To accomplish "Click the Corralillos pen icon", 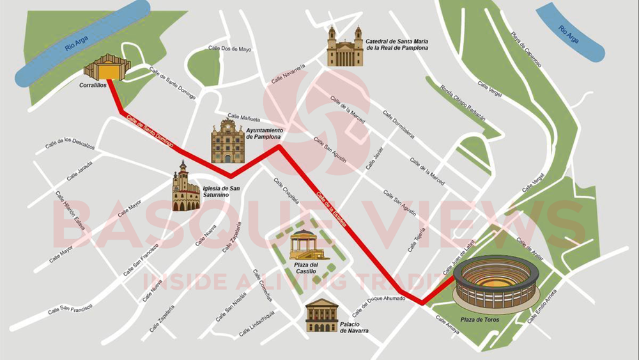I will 106,68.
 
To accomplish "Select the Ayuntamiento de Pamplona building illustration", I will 228,141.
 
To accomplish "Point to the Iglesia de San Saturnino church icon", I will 185,187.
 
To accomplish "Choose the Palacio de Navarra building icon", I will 321,315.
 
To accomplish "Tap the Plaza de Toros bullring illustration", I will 497,283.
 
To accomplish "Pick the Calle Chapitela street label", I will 286,190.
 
